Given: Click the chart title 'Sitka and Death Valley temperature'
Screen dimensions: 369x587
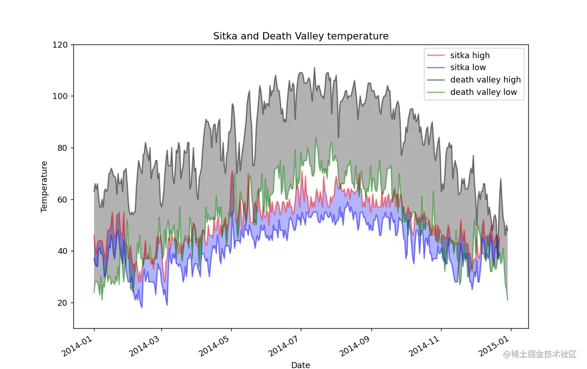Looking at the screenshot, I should [x=301, y=36].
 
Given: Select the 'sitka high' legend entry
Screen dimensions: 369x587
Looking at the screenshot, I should [x=470, y=55].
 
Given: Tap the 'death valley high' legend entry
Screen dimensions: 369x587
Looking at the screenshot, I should [x=485, y=80].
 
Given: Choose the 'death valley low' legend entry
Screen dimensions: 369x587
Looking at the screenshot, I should [x=483, y=92].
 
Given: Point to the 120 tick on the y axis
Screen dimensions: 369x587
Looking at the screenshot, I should [x=63, y=45].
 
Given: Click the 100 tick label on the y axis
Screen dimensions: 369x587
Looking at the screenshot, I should [x=63, y=96].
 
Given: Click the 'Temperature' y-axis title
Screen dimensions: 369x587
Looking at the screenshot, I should [x=44, y=186].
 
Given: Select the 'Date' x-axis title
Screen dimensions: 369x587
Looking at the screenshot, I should [x=301, y=365].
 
